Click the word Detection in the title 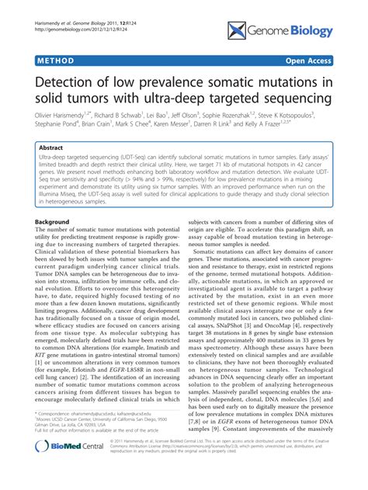coord(77,82)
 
